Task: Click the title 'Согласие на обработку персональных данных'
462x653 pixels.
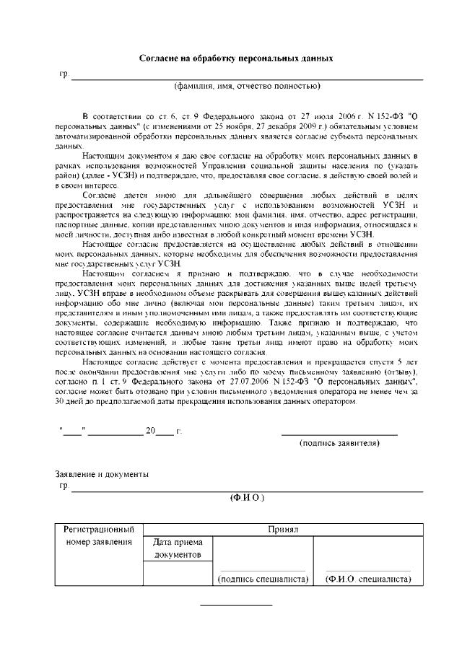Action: coord(236,58)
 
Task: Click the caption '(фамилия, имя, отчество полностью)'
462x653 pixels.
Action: coord(246,87)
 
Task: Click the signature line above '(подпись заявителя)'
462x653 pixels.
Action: coord(339,434)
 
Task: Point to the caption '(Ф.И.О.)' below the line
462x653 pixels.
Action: coord(247,498)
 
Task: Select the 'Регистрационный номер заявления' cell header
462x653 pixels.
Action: coord(98,535)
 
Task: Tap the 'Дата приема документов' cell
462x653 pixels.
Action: coord(178,548)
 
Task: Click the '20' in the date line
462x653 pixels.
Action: coord(150,431)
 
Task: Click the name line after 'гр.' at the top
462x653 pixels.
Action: coord(245,76)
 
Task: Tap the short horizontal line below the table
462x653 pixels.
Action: coord(235,605)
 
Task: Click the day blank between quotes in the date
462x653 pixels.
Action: coord(73,432)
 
